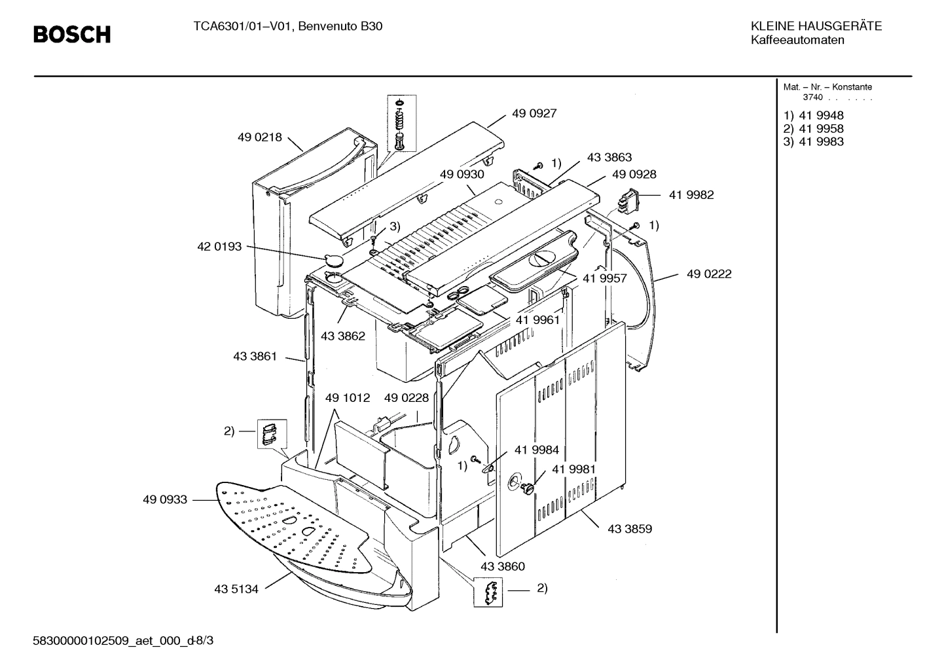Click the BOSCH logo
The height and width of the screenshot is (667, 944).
[72, 34]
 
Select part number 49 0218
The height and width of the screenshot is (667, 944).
[259, 137]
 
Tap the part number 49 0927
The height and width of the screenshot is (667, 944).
[534, 113]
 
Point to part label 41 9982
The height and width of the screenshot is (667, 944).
[691, 195]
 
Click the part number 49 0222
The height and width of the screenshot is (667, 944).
[709, 274]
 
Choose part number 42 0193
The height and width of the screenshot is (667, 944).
[219, 247]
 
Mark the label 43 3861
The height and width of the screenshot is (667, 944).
[255, 357]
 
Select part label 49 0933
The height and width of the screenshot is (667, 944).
[165, 499]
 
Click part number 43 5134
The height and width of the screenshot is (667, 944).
[236, 589]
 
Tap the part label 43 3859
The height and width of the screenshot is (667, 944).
[630, 529]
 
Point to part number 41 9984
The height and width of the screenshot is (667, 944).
[537, 450]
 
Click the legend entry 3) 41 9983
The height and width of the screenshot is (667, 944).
[814, 142]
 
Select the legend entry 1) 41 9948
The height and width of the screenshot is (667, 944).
[814, 116]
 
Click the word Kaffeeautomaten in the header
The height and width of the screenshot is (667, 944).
[797, 41]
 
